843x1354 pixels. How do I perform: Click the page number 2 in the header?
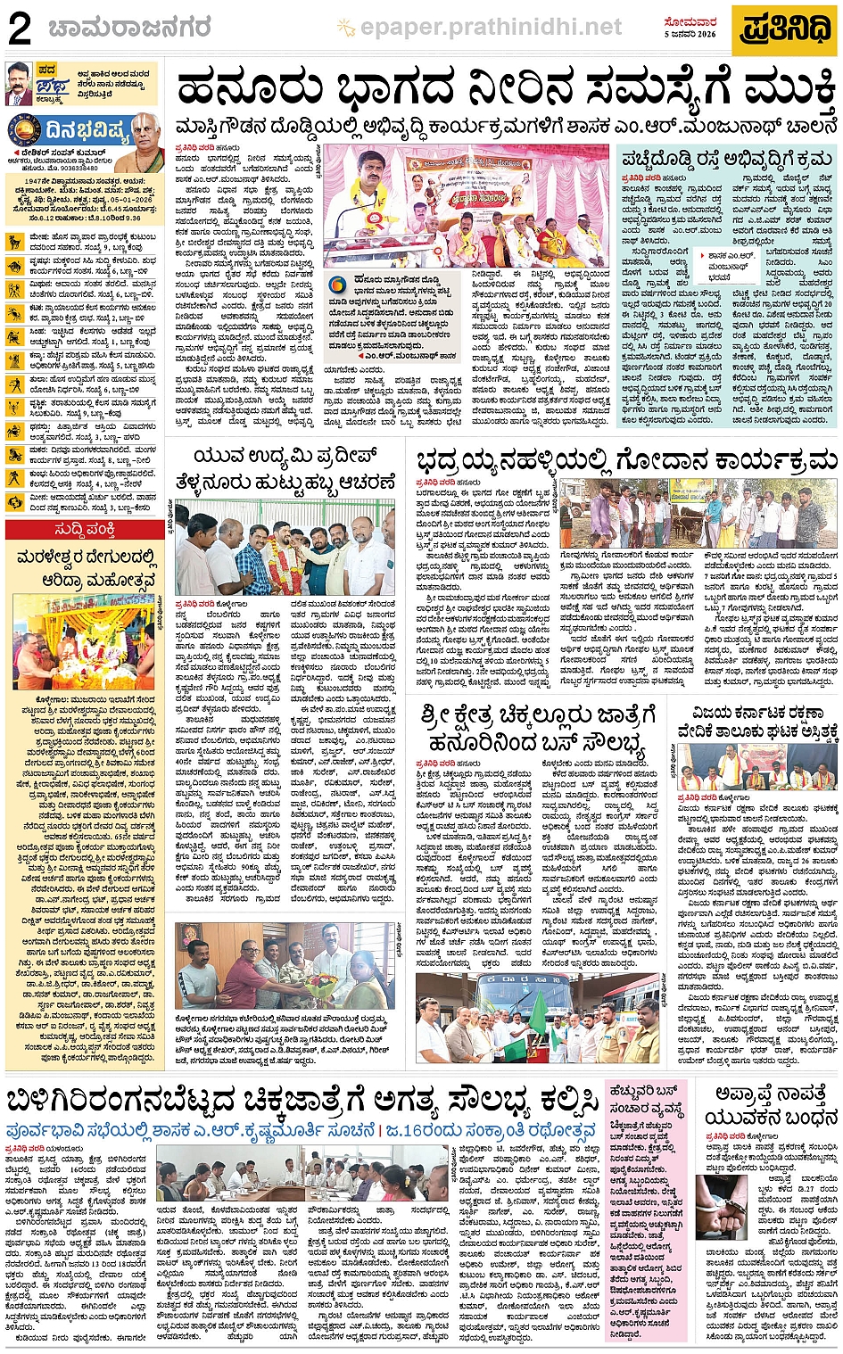(x=20, y=29)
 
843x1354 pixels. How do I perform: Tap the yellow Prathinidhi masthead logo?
(x=786, y=29)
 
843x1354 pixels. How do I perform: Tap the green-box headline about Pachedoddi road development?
(x=726, y=160)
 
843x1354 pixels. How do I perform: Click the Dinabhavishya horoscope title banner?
(x=71, y=131)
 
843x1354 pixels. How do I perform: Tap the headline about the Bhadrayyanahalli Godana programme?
(x=625, y=461)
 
